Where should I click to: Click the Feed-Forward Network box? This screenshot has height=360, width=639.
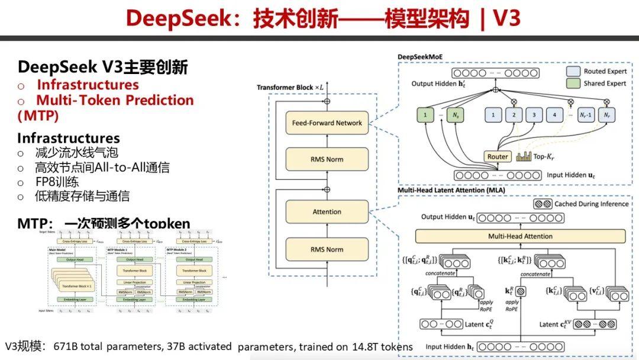[327, 123]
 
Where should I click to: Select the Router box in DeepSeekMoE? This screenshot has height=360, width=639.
[498, 157]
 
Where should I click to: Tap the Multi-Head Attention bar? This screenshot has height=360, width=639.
[520, 236]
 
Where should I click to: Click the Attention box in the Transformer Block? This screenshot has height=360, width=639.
[327, 211]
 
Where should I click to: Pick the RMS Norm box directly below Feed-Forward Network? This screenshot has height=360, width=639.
[327, 159]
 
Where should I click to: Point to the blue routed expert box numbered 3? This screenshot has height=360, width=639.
[534, 115]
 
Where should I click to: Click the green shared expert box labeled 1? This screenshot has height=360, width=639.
[425, 115]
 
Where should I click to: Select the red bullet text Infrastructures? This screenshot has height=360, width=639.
[88, 85]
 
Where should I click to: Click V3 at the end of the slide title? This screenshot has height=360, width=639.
[506, 18]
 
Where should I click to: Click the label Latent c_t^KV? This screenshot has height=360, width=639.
[557, 324]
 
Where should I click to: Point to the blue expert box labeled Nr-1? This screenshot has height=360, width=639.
[586, 115]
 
